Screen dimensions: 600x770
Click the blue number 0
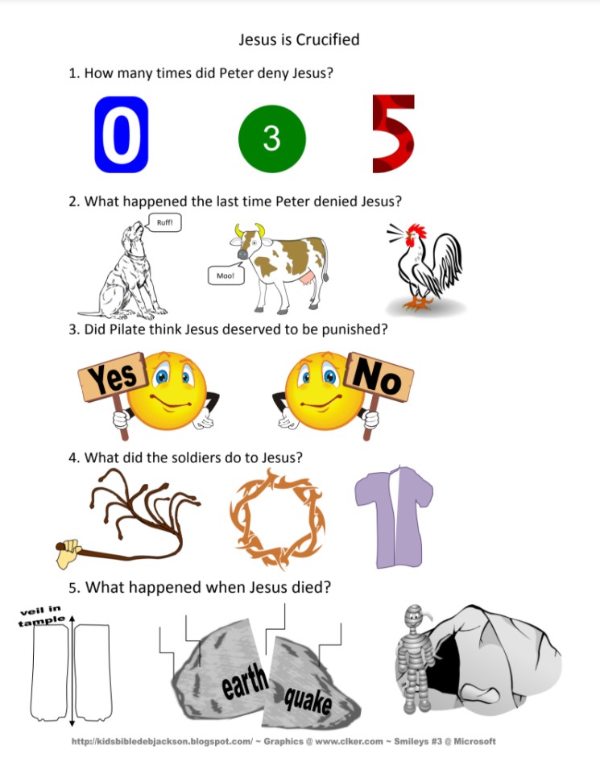tap(122, 135)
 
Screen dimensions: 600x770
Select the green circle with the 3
tap(272, 139)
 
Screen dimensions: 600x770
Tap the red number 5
tap(393, 134)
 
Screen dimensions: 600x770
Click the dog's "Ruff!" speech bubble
tap(164, 222)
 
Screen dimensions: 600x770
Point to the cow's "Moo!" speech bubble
tap(226, 275)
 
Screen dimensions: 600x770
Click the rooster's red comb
tap(418, 230)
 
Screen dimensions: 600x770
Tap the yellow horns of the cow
tap(250, 230)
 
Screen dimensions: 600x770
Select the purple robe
tap(394, 516)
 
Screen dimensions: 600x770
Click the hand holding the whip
tap(68, 553)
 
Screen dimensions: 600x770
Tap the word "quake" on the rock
tap(308, 699)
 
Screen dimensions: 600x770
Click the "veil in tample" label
tap(42, 616)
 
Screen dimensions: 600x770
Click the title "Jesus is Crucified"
tap(299, 39)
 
